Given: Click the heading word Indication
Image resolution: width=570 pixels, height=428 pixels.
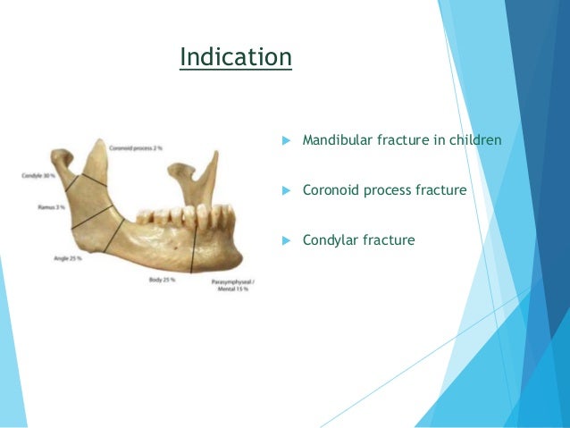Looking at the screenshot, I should [235, 57].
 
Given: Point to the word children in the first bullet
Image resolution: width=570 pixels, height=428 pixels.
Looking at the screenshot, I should [475, 140].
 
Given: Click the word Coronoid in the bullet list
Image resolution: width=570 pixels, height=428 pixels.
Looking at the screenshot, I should [331, 190].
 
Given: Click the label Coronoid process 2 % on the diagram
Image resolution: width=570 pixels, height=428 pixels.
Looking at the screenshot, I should [135, 147].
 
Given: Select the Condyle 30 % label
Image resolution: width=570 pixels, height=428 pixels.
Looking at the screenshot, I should [38, 176].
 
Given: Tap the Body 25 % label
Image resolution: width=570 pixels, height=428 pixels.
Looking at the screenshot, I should [161, 281].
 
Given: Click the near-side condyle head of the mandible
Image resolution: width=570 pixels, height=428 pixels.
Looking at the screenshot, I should [62, 160].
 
